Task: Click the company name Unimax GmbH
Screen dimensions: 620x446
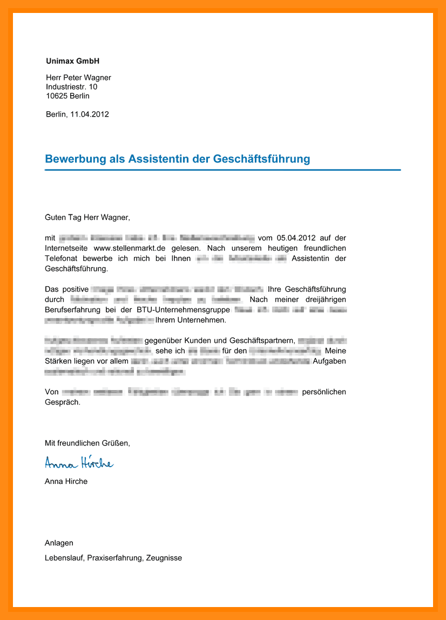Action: tap(73, 61)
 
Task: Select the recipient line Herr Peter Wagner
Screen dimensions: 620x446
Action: tap(78, 78)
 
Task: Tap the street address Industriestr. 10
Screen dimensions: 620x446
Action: tap(72, 87)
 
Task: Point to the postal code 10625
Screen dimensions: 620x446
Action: tap(57, 96)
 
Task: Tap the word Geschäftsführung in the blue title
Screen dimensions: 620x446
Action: tap(262, 159)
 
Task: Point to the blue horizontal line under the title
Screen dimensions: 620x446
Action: tap(222, 170)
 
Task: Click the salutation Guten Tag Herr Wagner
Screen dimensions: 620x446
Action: tap(87, 218)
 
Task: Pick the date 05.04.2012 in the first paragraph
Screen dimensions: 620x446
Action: tap(295, 238)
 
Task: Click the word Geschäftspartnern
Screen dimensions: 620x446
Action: tap(262, 340)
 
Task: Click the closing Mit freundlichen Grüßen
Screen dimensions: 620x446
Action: tap(87, 443)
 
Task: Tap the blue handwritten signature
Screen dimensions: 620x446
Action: tap(79, 462)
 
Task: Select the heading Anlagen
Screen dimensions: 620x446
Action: tap(59, 543)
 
